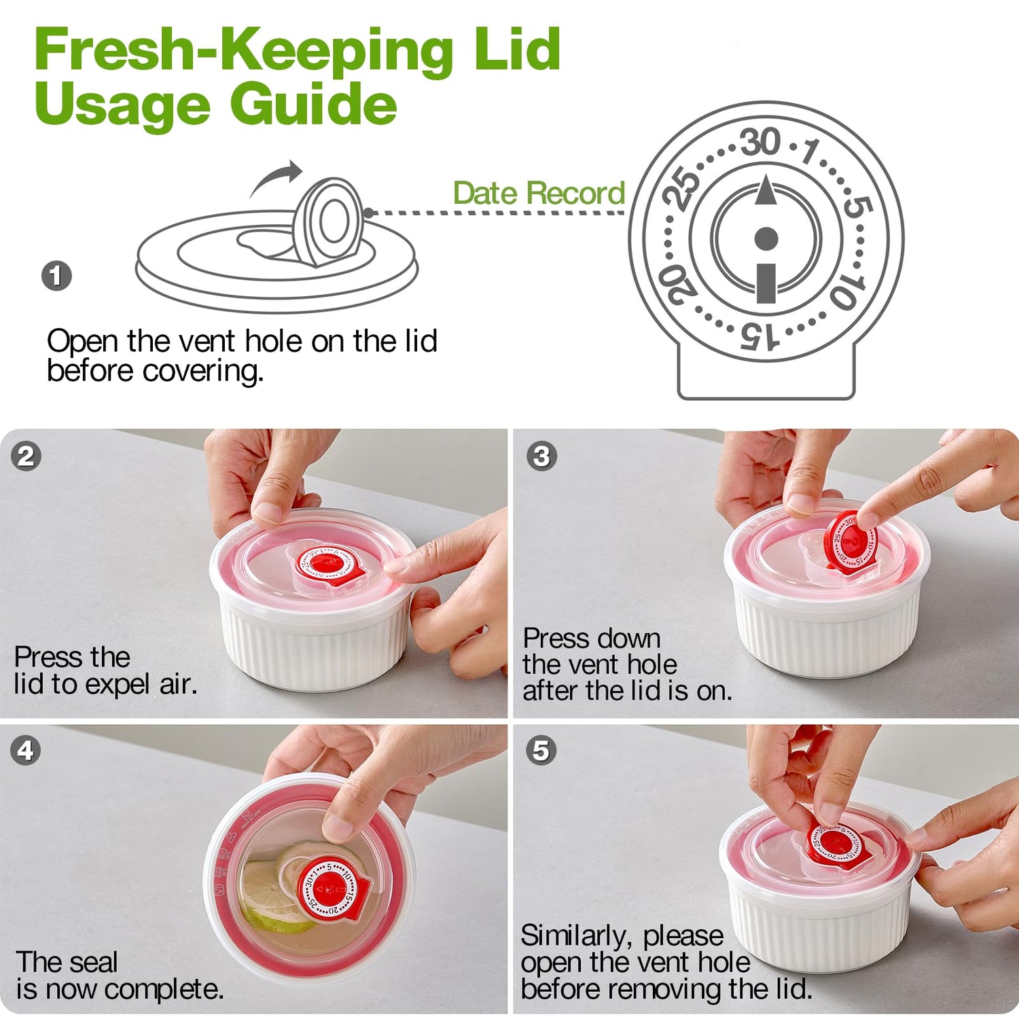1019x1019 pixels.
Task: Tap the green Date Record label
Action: [x=539, y=193]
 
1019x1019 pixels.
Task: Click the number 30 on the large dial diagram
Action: [x=760, y=142]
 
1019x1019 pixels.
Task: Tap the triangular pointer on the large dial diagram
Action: [x=766, y=190]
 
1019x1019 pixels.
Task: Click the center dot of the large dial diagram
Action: [x=766, y=238]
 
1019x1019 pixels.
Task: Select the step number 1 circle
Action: [x=56, y=276]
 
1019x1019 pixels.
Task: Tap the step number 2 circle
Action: [x=26, y=456]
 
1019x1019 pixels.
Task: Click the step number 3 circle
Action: [x=541, y=456]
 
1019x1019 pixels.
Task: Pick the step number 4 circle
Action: [x=26, y=751]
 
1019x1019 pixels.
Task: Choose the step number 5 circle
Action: [x=541, y=751]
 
